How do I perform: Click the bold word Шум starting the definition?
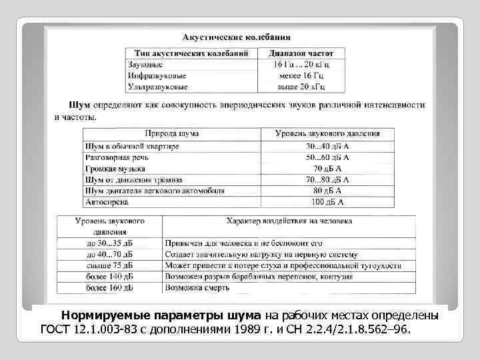pyautogui.click(x=80, y=105)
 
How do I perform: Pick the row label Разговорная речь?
pyautogui.click(x=117, y=157)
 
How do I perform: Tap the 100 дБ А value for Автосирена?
pyautogui.click(x=328, y=202)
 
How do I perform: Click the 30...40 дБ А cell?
pyautogui.click(x=328, y=146)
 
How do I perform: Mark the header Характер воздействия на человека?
pyautogui.click(x=289, y=221)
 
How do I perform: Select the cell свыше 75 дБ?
pyautogui.click(x=109, y=266)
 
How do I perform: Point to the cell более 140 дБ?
pyautogui.click(x=109, y=277)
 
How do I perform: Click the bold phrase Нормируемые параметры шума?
pyautogui.click(x=163, y=315)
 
